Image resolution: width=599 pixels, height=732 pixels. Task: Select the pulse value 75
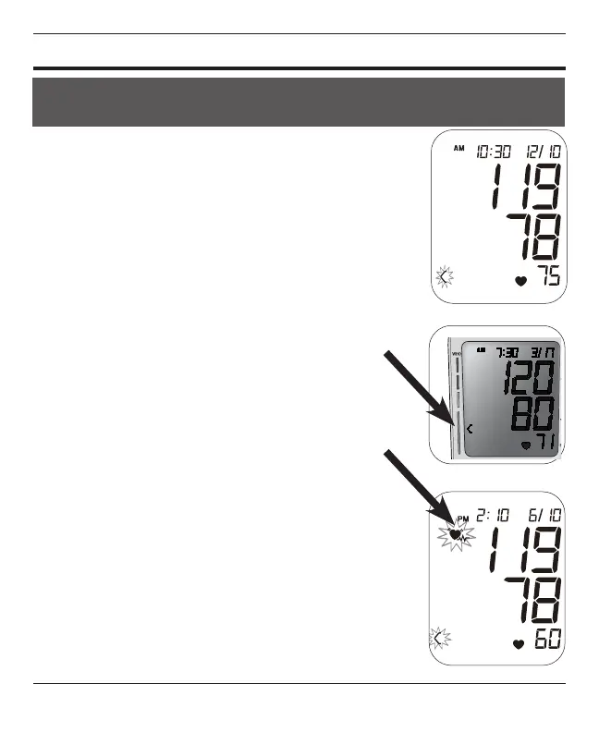[549, 277]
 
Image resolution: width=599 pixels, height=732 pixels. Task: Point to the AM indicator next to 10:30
[459, 148]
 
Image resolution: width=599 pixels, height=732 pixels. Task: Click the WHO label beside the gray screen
[454, 354]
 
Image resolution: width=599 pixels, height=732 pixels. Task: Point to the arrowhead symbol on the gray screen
[471, 429]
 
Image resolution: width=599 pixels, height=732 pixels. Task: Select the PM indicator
[463, 518]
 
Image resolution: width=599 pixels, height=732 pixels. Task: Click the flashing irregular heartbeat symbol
[456, 535]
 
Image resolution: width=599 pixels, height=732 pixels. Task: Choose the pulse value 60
[549, 639]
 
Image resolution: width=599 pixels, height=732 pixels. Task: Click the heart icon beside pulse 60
[520, 642]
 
